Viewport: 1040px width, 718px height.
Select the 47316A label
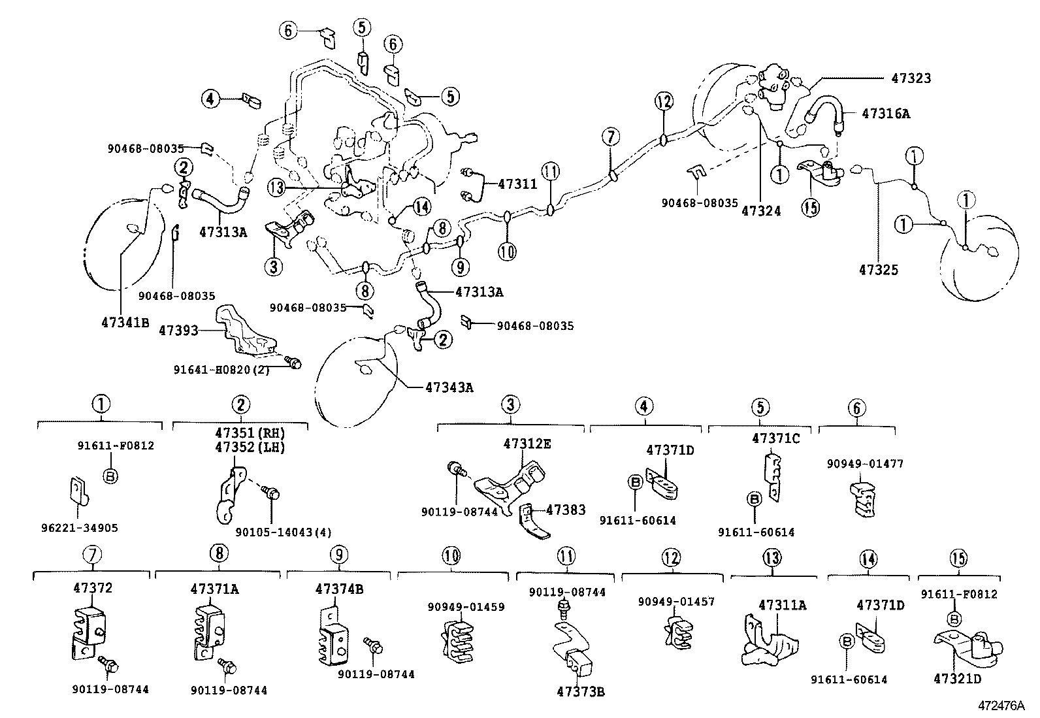click(885, 113)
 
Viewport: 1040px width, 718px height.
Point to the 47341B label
click(125, 321)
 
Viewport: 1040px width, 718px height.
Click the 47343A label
click(449, 387)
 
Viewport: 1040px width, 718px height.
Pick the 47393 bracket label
click(178, 331)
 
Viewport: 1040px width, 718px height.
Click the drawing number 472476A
click(1001, 706)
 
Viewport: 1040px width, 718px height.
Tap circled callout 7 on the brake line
click(609, 137)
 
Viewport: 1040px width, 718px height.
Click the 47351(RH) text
click(252, 433)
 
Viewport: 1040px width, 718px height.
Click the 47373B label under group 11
click(581, 692)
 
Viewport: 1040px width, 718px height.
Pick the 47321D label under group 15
click(957, 679)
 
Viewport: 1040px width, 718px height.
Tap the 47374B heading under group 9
click(339, 589)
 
